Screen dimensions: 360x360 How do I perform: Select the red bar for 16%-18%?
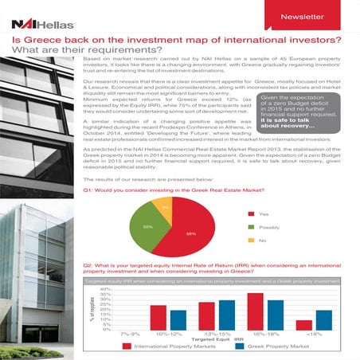click(x=255, y=311)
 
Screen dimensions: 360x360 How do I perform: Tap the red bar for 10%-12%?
click(x=158, y=317)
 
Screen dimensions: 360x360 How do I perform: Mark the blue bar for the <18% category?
click(x=323, y=319)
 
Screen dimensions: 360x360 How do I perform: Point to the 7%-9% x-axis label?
click(x=129, y=335)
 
